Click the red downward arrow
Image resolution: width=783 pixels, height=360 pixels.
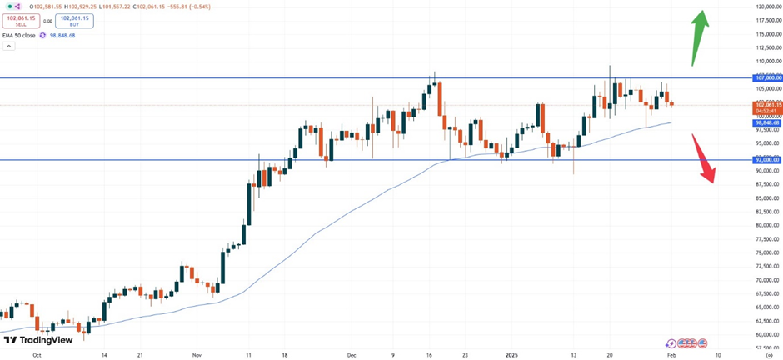[x=705, y=158]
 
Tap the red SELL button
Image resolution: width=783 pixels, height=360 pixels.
[x=21, y=20]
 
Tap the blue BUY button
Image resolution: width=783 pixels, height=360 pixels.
[x=74, y=20]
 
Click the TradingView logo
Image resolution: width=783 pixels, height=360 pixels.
[x=37, y=339]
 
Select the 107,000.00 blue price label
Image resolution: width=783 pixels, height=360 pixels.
[x=767, y=77]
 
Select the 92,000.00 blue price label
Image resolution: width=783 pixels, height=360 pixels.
[x=767, y=159]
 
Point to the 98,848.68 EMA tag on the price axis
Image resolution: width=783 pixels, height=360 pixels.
[x=766, y=122]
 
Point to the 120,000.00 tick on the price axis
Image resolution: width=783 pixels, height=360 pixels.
[x=767, y=7]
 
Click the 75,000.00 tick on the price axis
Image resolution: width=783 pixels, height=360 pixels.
[x=767, y=252]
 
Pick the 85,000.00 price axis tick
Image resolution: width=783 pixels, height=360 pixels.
[x=767, y=197]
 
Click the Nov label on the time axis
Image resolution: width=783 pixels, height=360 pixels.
[x=197, y=353]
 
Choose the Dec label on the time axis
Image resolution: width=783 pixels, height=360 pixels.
[x=352, y=353]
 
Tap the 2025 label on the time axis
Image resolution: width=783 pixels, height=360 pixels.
[x=512, y=353]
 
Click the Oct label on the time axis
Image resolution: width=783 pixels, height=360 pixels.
[x=36, y=353]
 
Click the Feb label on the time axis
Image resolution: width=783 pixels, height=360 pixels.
[x=671, y=353]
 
